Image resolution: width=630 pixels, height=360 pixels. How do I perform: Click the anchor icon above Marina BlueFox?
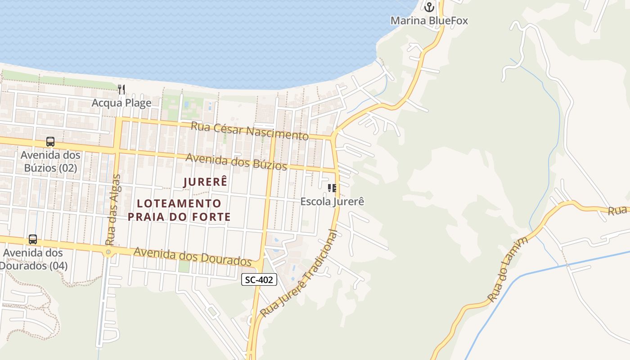[x=429, y=7]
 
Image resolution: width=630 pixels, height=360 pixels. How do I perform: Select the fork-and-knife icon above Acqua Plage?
[x=121, y=89]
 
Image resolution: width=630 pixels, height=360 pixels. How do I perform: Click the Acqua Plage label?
[x=121, y=103]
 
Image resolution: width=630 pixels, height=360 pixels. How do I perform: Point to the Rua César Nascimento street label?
[x=250, y=130]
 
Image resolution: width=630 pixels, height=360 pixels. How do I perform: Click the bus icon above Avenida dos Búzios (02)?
[x=50, y=142]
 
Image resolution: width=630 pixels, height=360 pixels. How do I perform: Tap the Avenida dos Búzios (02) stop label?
[x=50, y=162]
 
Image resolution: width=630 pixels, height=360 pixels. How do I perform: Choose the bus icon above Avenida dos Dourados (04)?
[x=33, y=239]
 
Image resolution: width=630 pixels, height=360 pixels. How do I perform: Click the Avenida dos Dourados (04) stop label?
[x=33, y=259]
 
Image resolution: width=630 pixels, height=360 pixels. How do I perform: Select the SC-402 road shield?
[x=259, y=279]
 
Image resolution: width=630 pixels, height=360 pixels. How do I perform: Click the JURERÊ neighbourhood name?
[x=205, y=182]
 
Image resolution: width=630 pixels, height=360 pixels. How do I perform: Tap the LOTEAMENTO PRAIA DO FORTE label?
[x=179, y=210]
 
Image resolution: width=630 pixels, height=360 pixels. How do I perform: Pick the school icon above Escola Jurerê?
[x=332, y=188]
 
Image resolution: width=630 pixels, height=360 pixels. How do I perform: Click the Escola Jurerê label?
[x=332, y=201]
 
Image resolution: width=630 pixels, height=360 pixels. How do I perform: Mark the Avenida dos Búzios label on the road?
[x=236, y=162]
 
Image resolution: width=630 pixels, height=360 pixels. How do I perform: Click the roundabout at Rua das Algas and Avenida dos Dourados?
[x=108, y=252]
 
